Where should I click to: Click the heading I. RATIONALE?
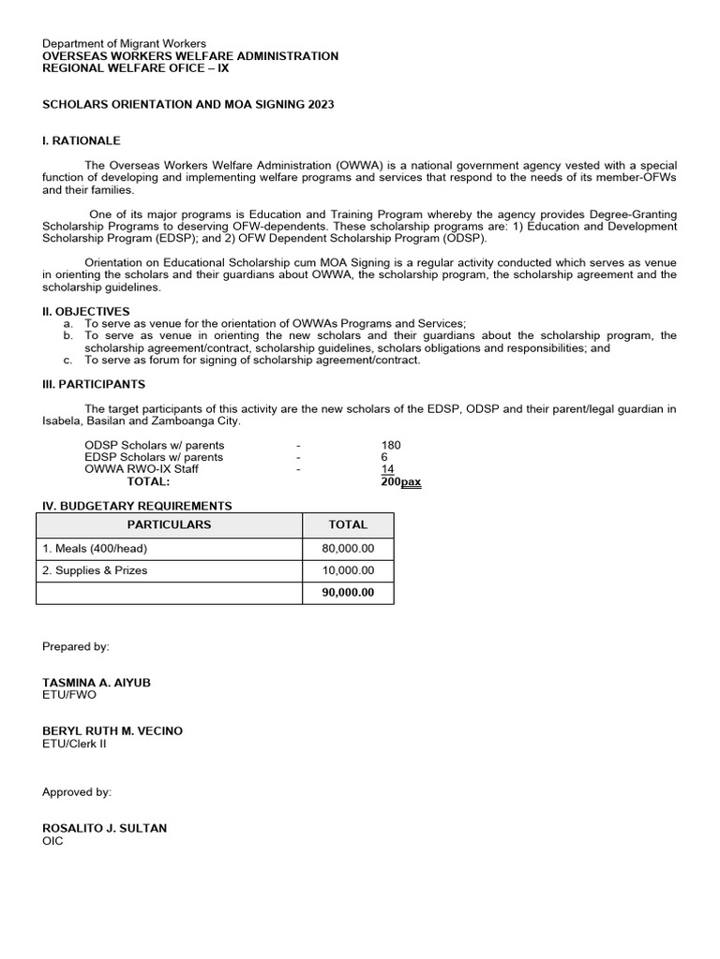click(82, 140)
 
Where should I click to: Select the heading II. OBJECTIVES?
click(86, 311)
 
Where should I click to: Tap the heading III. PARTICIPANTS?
click(94, 384)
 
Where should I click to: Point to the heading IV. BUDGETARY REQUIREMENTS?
click(137, 506)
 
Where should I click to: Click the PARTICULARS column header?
click(169, 524)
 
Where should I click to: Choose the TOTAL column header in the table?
click(348, 524)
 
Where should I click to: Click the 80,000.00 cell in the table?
click(347, 548)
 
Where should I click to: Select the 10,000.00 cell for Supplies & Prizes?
click(347, 570)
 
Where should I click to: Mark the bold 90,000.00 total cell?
click(347, 593)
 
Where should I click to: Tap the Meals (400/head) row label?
click(95, 548)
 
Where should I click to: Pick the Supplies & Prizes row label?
click(95, 570)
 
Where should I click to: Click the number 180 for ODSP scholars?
click(391, 445)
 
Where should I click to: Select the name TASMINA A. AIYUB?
click(97, 683)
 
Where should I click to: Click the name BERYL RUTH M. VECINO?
click(112, 730)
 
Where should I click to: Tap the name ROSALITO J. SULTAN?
click(105, 829)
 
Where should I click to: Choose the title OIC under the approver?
click(52, 841)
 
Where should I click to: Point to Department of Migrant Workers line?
click(125, 44)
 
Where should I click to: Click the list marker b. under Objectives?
click(67, 335)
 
